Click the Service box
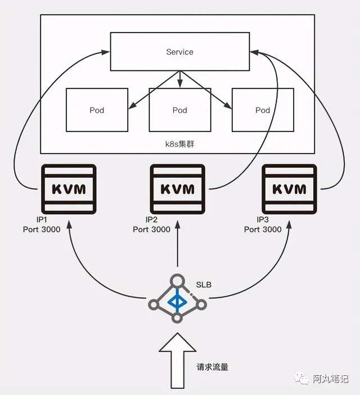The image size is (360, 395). [x=180, y=52]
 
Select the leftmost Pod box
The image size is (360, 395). [x=97, y=110]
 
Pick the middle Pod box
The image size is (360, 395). [x=179, y=110]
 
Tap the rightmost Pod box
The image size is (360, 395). [x=263, y=110]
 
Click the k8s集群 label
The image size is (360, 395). [x=180, y=145]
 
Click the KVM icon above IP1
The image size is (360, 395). [x=69, y=187]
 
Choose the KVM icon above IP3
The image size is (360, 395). [x=290, y=187]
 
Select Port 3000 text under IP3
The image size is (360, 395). [x=263, y=230]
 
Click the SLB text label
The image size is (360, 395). [x=204, y=285]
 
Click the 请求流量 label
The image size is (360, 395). [x=213, y=367]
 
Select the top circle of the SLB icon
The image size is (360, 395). [x=177, y=280]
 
